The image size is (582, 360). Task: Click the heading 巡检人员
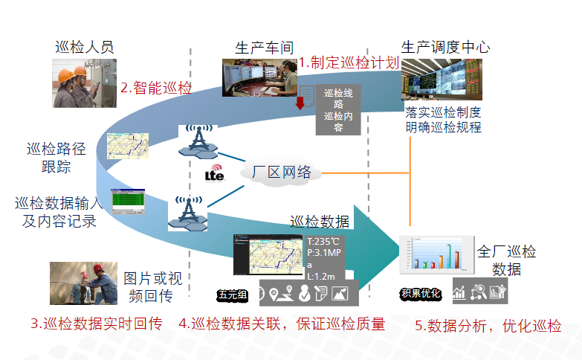[x=85, y=47]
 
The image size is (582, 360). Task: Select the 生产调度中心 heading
[x=445, y=47]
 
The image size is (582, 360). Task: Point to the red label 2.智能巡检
[x=155, y=88]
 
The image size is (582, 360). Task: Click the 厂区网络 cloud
[x=282, y=173]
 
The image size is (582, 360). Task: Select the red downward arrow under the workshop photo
[x=300, y=103]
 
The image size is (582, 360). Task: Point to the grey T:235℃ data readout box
[x=326, y=258]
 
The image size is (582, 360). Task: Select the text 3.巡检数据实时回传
[x=96, y=324]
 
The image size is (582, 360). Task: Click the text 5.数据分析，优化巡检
[x=488, y=325]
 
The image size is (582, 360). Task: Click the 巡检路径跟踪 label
[x=56, y=158]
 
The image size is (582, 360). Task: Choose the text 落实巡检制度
[x=443, y=113]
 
